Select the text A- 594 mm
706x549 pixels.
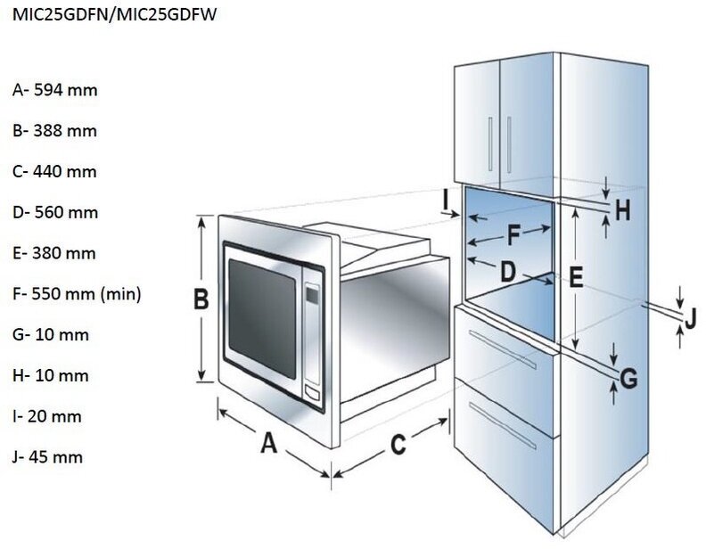(x=54, y=90)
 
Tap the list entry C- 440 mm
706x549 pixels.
(x=54, y=172)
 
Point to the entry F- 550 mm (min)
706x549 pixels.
(x=77, y=293)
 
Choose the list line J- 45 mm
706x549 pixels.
(x=48, y=457)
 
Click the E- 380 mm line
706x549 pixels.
(x=54, y=253)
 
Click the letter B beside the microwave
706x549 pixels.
(x=201, y=300)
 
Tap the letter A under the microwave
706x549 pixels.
(x=268, y=441)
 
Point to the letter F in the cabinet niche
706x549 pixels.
(x=513, y=236)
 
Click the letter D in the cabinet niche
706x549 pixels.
(x=507, y=272)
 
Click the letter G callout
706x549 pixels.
(x=629, y=379)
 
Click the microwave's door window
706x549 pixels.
(x=262, y=315)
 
